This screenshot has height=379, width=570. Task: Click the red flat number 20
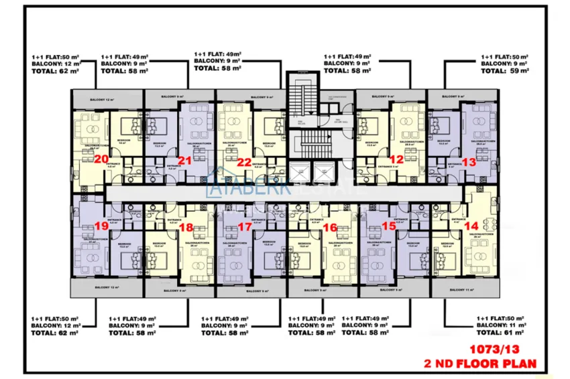tap(103, 159)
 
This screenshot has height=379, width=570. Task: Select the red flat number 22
tap(244, 162)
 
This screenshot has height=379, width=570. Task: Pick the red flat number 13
tap(469, 161)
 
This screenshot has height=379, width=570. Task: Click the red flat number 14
tap(471, 227)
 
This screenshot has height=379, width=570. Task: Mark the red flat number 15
tap(389, 227)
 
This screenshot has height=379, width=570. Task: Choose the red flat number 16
tap(329, 228)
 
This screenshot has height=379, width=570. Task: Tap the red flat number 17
tap(245, 227)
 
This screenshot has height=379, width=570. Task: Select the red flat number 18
tap(186, 227)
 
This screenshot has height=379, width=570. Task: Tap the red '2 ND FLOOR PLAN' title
tap(481, 364)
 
